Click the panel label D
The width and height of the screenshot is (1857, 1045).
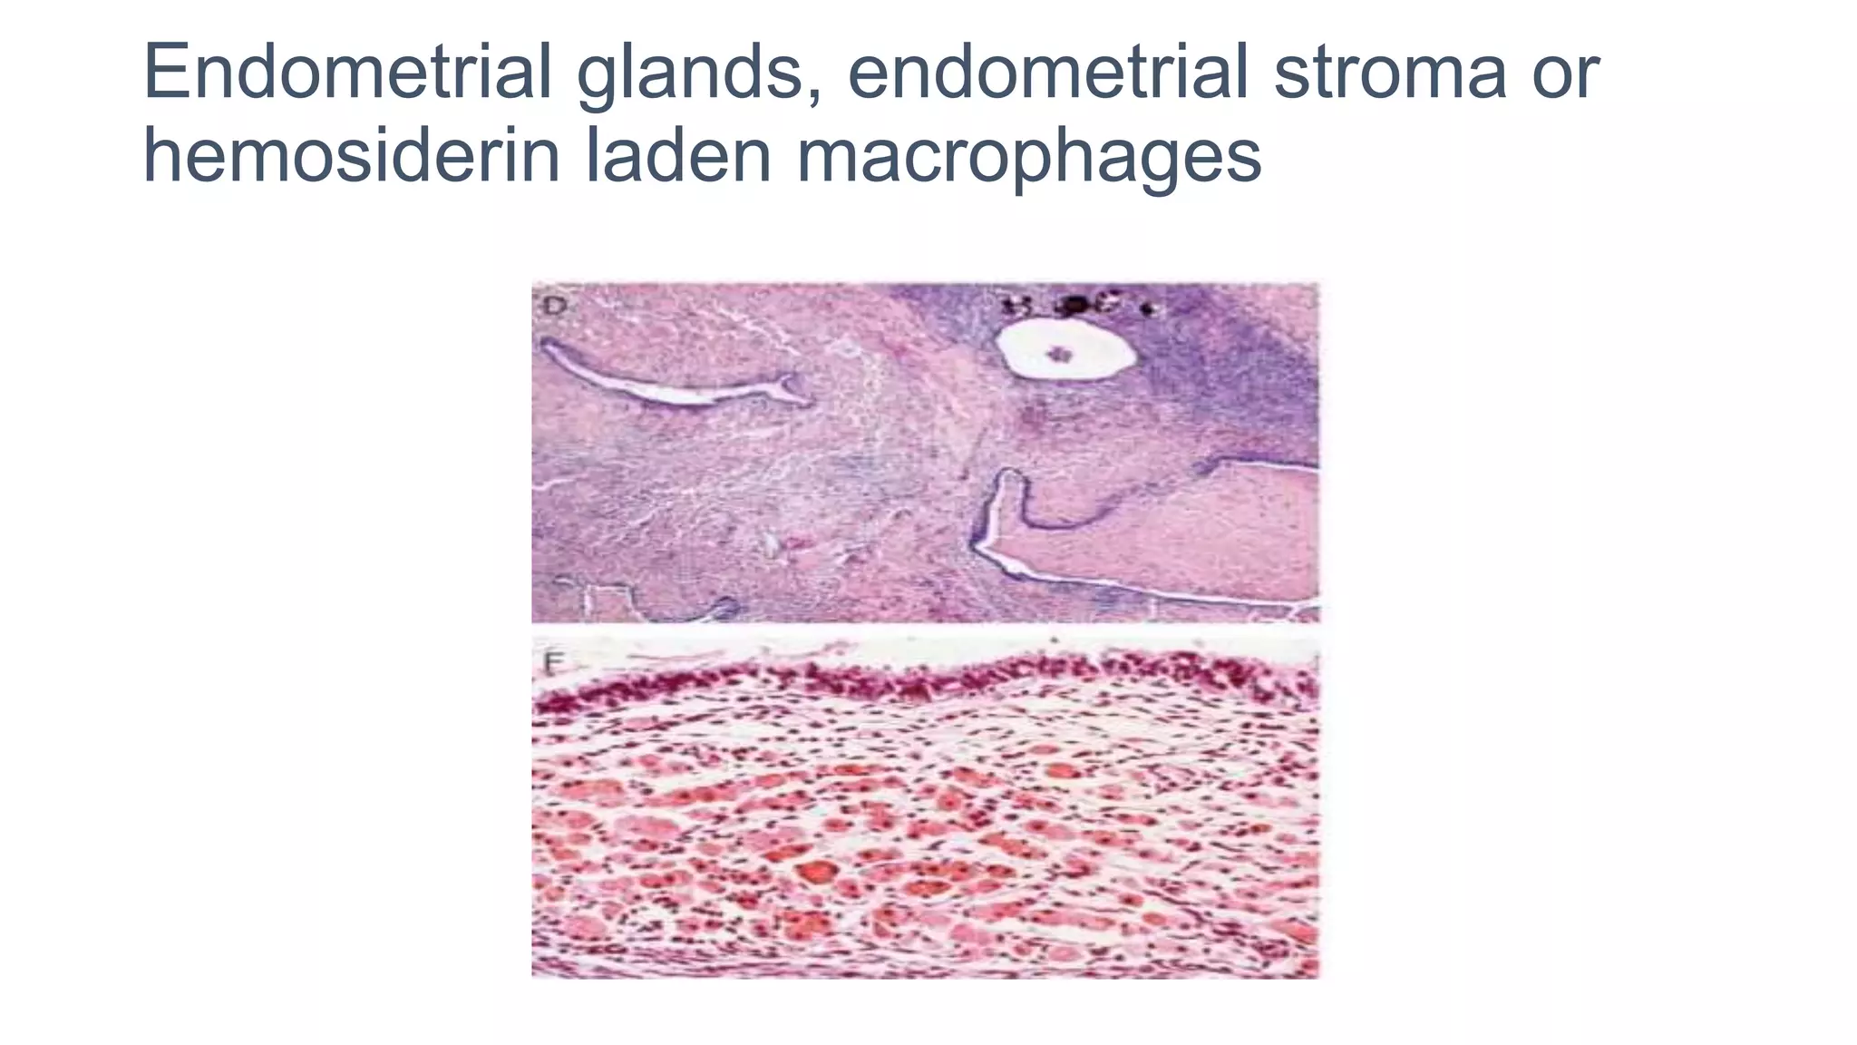click(x=554, y=306)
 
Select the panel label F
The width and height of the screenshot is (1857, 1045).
click(x=550, y=664)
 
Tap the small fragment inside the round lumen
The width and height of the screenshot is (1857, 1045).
click(x=1058, y=353)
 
